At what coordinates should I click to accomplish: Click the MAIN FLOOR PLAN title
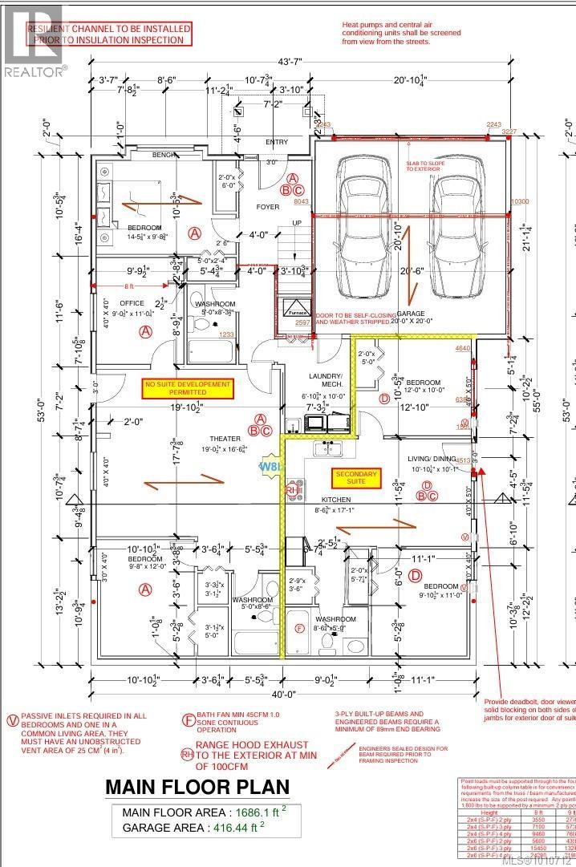point(206,787)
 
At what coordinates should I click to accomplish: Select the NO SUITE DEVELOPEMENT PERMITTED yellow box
point(188,389)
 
